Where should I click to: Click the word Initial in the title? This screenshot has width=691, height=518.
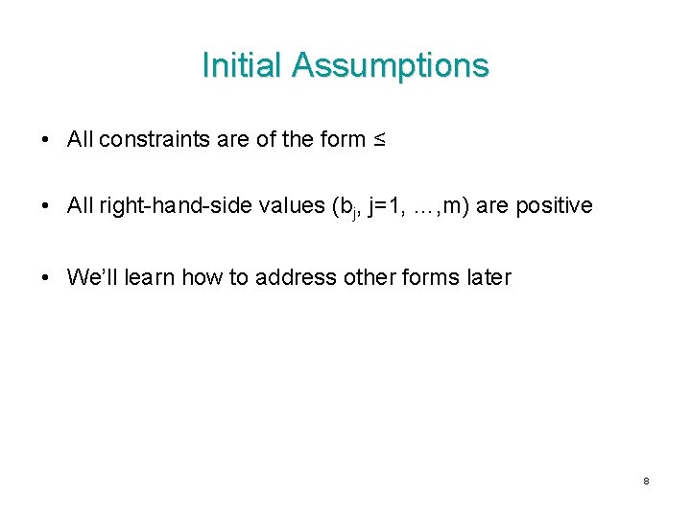coord(243,65)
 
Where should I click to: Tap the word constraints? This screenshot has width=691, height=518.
coord(155,140)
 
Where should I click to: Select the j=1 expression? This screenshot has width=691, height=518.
coord(385,206)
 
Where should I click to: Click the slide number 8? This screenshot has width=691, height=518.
coord(646,481)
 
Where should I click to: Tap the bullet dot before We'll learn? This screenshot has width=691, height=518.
coord(47,279)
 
